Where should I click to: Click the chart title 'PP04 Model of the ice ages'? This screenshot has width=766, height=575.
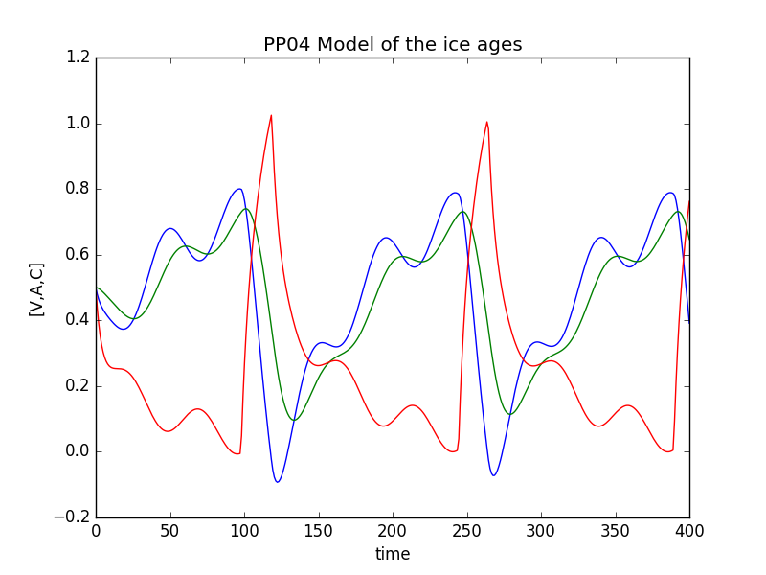[393, 45]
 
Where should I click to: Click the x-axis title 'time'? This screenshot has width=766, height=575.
[393, 554]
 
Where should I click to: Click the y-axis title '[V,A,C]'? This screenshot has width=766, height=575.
[36, 288]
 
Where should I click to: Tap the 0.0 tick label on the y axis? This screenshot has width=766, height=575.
[79, 451]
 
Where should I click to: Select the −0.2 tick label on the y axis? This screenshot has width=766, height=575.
[74, 517]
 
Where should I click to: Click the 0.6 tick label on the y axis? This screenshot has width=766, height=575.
[79, 255]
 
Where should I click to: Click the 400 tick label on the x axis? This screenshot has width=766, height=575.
[689, 531]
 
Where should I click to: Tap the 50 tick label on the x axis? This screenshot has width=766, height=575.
[169, 531]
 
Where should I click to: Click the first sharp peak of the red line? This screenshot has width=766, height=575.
[271, 115]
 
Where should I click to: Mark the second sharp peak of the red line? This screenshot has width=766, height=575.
[486, 122]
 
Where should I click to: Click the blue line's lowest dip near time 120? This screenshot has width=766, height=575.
[277, 482]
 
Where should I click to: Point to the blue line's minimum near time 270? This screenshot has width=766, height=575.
[493, 475]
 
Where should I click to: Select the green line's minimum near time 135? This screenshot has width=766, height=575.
[294, 420]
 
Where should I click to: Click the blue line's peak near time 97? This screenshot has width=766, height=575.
[239, 189]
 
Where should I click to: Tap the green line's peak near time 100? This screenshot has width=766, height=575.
[246, 209]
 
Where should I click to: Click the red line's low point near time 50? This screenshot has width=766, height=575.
[169, 431]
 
